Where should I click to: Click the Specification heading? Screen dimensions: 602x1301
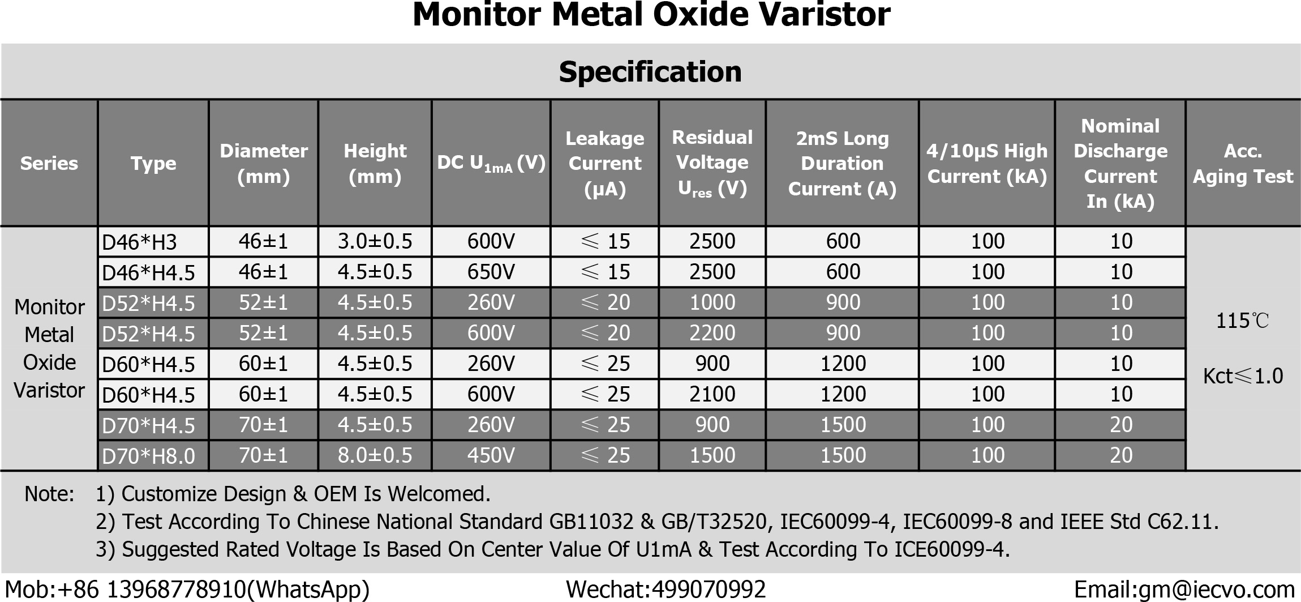coord(650,72)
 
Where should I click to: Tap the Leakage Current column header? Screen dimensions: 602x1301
coord(604,163)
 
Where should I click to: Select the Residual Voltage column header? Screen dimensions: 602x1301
coord(712,163)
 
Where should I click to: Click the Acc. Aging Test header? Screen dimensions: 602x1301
coord(1243,163)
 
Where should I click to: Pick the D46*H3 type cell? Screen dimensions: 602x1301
coord(139,242)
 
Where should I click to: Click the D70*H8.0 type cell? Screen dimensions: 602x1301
coord(148,456)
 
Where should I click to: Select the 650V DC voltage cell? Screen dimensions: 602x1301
coord(491,272)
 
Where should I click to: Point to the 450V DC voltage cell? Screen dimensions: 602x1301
coord(491,455)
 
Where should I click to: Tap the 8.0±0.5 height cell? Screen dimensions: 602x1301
coord(375,455)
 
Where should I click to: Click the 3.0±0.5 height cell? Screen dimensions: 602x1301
coord(375,241)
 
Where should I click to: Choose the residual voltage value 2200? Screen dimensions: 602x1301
coord(712,333)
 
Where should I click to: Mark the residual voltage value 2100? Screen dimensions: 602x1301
coord(712,394)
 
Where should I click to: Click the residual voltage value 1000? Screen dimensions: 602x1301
coord(712,302)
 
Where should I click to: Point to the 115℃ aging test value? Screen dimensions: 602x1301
coord(1242,321)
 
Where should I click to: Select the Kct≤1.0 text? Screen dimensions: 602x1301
coord(1243,376)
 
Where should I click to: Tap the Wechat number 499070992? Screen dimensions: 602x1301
coord(709,590)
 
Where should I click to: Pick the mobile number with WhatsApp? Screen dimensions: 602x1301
coord(187,590)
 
